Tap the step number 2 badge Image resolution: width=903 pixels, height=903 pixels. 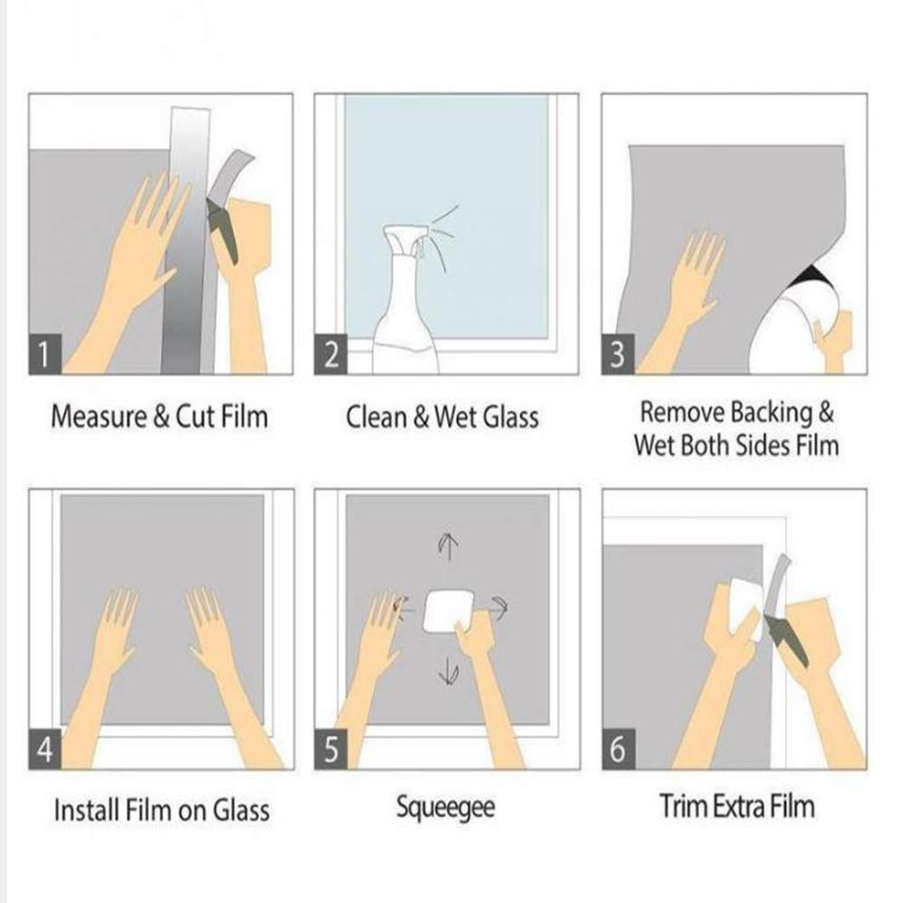point(330,357)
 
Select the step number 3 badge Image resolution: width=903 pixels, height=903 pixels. point(618,357)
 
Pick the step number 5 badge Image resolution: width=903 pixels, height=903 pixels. point(330,751)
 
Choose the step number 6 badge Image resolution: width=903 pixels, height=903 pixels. point(618,751)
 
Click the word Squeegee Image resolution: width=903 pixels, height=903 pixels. point(445,805)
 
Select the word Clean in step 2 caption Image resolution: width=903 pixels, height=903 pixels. point(374,417)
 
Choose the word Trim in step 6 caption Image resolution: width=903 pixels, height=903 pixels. point(682,805)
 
